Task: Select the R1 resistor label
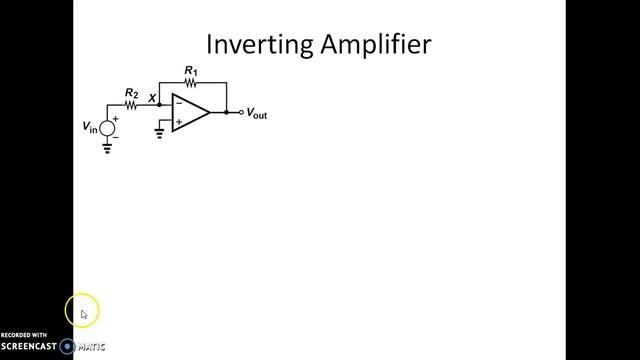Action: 191,70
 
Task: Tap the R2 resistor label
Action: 131,93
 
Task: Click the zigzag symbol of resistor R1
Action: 191,83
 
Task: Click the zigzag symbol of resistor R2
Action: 130,104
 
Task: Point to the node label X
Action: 151,98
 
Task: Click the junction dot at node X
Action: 160,104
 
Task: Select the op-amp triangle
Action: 190,112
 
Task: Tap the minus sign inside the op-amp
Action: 178,104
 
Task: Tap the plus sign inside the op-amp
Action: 178,121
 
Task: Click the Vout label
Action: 256,114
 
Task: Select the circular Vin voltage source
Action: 108,128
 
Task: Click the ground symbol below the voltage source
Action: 108,150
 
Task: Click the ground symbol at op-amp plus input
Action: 160,131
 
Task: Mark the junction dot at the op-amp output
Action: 226,112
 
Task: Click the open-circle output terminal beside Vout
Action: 241,112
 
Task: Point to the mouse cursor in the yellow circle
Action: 83,314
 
